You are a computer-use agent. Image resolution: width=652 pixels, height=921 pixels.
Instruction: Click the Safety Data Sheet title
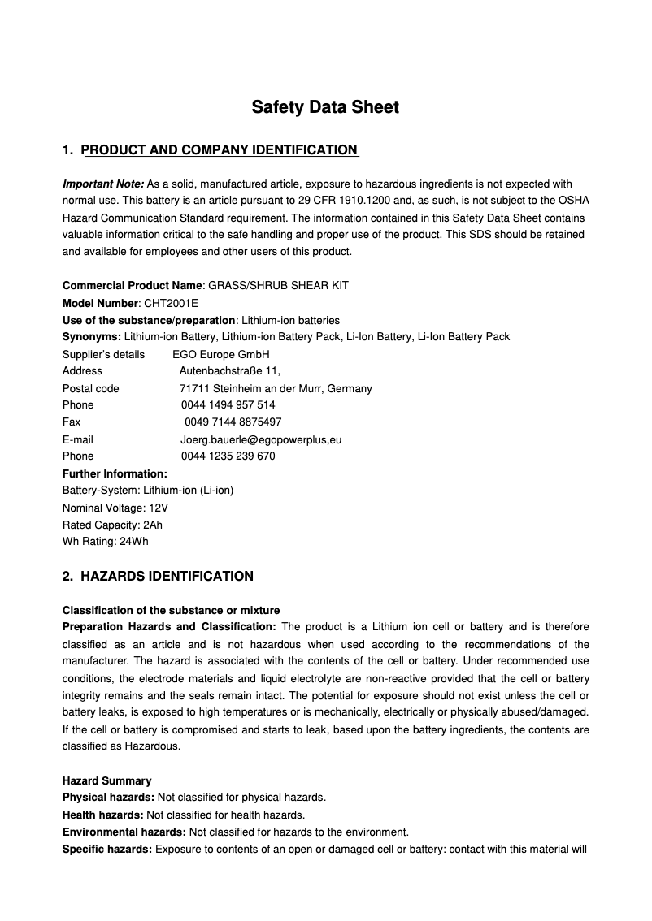[325, 107]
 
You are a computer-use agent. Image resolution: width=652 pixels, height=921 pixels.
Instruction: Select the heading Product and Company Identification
[220, 149]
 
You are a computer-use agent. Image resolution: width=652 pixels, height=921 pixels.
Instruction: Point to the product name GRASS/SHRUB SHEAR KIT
[279, 286]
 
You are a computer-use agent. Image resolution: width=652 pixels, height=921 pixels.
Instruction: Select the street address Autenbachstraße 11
[230, 371]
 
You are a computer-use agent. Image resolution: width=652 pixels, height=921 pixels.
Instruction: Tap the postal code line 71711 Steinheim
[276, 388]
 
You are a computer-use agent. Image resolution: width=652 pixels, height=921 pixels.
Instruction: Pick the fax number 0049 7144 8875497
[233, 422]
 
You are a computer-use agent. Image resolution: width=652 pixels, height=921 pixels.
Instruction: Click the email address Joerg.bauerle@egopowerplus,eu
[260, 439]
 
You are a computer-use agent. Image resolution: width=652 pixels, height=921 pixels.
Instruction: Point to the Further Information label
[115, 473]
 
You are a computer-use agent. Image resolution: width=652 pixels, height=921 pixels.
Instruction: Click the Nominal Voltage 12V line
[115, 508]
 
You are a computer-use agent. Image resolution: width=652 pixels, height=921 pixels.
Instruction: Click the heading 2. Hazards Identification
[158, 577]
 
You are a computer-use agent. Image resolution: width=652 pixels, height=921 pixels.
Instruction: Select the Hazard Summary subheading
[106, 781]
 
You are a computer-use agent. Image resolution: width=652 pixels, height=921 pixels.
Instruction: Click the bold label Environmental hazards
[124, 832]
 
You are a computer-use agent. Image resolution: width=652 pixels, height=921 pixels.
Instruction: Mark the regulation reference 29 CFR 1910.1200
[389, 201]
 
